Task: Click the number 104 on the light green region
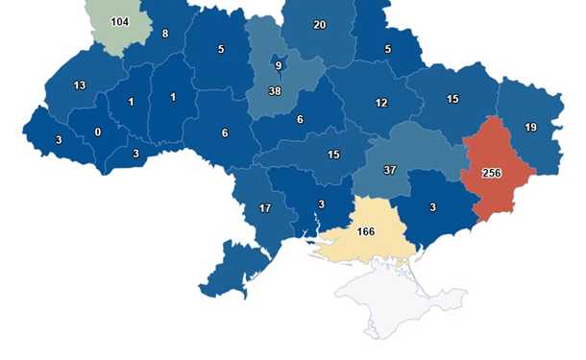(120, 21)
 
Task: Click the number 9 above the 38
(278, 65)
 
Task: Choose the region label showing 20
(320, 25)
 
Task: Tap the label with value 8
(165, 35)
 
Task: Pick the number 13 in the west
(80, 85)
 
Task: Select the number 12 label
(381, 103)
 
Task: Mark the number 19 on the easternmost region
(531, 128)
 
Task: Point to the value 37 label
(389, 171)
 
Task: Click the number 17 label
(264, 208)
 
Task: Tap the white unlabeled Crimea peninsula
(403, 298)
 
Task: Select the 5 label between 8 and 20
(221, 49)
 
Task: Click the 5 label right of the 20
(387, 49)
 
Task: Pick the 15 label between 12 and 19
(452, 99)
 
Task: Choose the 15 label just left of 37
(333, 155)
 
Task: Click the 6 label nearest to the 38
(300, 119)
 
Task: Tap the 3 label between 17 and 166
(321, 204)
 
